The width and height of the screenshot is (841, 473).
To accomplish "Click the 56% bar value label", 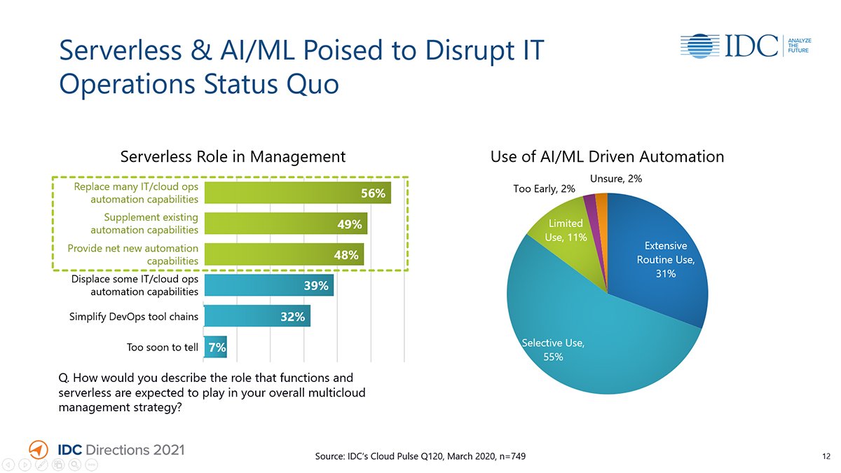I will click(x=373, y=193).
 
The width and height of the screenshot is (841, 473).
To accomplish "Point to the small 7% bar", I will click(x=215, y=347).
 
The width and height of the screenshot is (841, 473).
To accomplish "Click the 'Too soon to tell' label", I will click(x=163, y=347).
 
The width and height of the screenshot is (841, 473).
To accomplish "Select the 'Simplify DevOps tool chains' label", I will click(x=134, y=317).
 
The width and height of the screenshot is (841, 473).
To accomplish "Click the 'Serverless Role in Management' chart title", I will click(x=233, y=156).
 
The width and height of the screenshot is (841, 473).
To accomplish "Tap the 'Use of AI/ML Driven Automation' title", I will click(x=607, y=156).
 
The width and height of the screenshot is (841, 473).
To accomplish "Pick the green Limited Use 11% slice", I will click(x=565, y=231).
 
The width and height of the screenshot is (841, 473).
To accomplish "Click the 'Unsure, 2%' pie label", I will click(x=616, y=179).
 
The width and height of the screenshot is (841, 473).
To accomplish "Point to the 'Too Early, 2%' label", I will click(x=544, y=188).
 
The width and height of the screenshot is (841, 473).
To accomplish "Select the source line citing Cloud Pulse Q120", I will click(x=420, y=457).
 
